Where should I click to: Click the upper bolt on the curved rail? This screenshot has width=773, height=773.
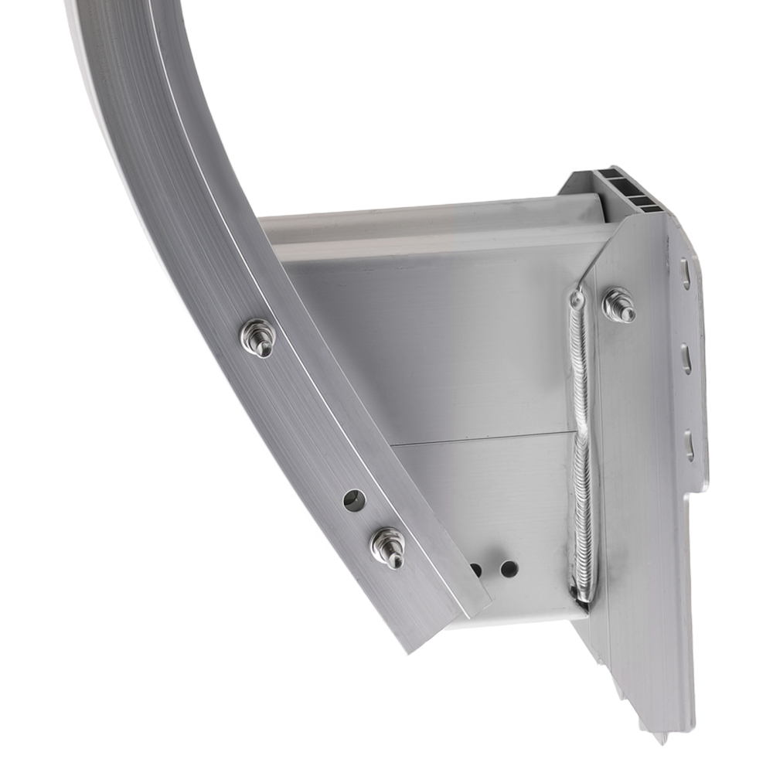click(258, 337)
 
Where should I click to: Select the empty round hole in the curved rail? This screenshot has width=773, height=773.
click(354, 500)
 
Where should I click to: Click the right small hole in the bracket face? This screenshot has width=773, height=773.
click(509, 569)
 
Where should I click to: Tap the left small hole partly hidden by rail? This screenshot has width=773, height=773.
click(476, 570)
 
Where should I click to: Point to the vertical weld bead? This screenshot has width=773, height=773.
click(581, 441)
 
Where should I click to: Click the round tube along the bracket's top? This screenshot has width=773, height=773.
click(433, 220)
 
